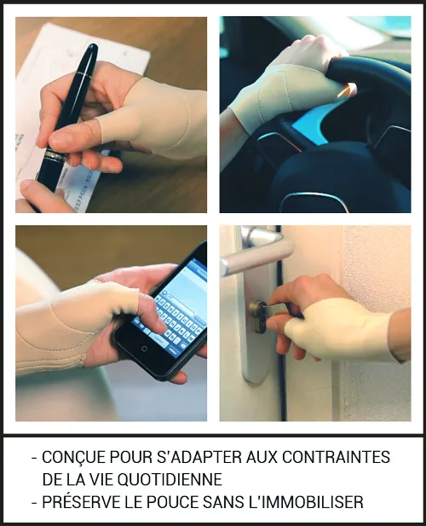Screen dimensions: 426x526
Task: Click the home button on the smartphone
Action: point(144,349)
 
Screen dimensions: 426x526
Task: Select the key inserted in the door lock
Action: point(275,309)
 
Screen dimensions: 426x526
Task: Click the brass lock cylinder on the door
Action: point(258,316)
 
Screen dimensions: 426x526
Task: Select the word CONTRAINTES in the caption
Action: point(337,457)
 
